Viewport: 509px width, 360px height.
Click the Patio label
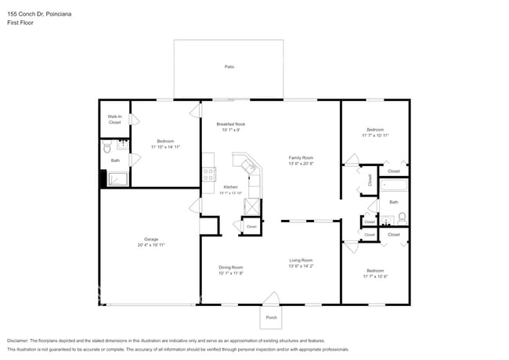pyautogui.click(x=229, y=67)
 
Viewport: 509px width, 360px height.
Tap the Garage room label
pyautogui.click(x=151, y=239)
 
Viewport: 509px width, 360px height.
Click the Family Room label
pyautogui.click(x=301, y=158)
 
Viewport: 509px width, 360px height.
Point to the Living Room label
pyautogui.click(x=301, y=261)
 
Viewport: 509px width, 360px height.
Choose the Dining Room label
pyautogui.click(x=231, y=268)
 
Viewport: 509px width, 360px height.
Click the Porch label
pyautogui.click(x=271, y=318)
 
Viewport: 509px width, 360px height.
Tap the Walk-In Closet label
pyautogui.click(x=115, y=120)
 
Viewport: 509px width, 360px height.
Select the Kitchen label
pyautogui.click(x=230, y=187)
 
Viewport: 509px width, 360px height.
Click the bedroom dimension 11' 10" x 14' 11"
pyautogui.click(x=166, y=146)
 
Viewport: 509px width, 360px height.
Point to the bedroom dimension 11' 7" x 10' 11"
pyautogui.click(x=376, y=135)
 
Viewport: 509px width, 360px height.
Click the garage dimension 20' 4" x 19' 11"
pyautogui.click(x=151, y=245)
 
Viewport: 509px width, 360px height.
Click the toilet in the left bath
pyautogui.click(x=108, y=147)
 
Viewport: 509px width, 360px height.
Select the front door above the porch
pyautogui.click(x=271, y=298)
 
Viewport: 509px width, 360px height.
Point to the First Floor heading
pyautogui.click(x=20, y=22)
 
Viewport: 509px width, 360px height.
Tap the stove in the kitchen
pyautogui.click(x=208, y=175)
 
